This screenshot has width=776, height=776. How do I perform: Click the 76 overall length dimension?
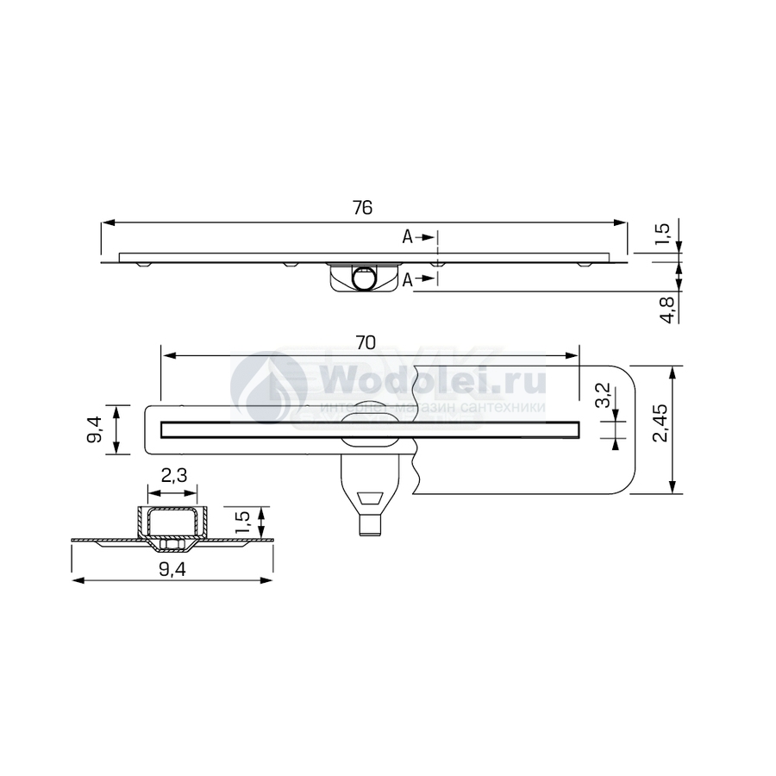click(363, 208)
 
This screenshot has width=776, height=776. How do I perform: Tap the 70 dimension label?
click(366, 342)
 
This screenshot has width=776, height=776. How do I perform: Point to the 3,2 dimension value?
click(604, 396)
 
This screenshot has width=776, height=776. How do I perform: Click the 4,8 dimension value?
click(667, 310)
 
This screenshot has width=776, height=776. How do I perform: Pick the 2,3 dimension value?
click(174, 476)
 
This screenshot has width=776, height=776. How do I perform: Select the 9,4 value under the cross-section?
click(172, 570)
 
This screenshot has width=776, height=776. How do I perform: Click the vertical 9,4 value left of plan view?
click(96, 429)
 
